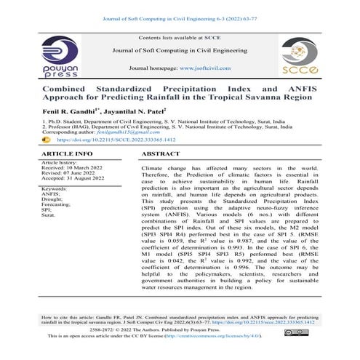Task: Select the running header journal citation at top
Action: click(x=180, y=12)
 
